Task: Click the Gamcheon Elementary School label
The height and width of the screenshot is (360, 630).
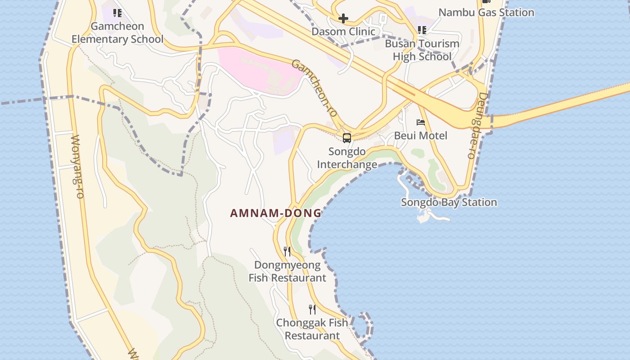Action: point(117,33)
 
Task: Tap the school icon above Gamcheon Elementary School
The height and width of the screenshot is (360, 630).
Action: point(117,13)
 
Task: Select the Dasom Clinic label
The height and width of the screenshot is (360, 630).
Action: point(343,31)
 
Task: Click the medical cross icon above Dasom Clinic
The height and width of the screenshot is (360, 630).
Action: point(343,18)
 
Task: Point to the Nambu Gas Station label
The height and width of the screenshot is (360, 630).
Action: point(486,13)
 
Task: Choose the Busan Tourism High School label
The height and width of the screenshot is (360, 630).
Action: point(422,50)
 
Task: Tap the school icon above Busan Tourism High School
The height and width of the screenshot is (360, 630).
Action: point(422,30)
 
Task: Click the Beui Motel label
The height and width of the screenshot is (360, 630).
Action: point(421,135)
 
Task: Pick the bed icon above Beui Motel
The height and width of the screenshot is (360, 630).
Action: point(421,122)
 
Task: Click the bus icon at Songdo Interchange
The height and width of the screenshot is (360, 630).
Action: point(347,138)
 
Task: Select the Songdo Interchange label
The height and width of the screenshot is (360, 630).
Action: point(347,158)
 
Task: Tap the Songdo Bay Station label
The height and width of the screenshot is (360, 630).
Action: point(449,202)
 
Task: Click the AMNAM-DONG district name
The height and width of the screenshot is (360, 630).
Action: point(276,213)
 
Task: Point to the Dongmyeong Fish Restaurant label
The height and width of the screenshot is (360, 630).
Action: point(288,271)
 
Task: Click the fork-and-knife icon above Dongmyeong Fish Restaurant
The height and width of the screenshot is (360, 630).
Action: point(287,252)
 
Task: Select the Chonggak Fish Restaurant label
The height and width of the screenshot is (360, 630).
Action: point(312,329)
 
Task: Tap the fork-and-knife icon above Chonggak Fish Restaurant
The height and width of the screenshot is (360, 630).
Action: point(312,310)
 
